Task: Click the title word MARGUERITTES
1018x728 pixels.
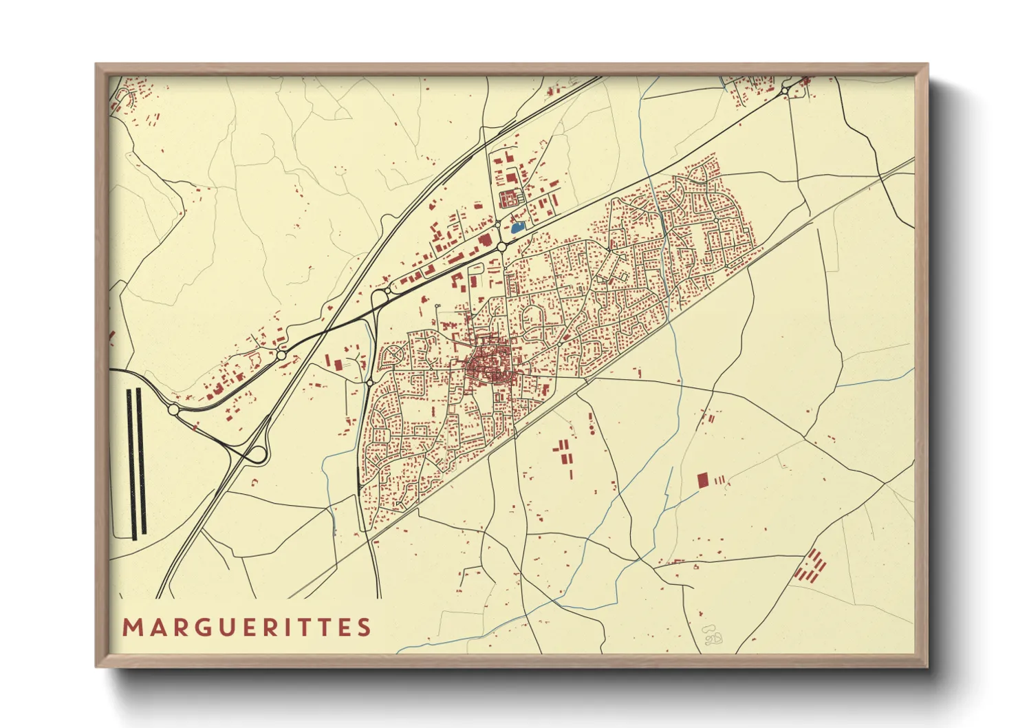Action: tap(247, 628)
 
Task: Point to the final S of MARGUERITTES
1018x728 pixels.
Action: tap(365, 628)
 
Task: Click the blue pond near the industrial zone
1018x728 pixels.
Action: tap(517, 225)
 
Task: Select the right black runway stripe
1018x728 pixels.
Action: tap(141, 462)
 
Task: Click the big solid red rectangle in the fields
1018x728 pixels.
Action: tap(702, 480)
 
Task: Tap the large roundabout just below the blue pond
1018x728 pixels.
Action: tap(501, 246)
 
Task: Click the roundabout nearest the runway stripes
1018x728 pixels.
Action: tap(173, 409)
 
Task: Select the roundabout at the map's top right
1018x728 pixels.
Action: tap(784, 91)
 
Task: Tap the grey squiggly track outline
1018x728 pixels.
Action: tap(712, 636)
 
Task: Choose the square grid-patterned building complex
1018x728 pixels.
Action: tap(508, 200)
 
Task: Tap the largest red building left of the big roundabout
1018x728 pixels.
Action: tap(485, 240)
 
